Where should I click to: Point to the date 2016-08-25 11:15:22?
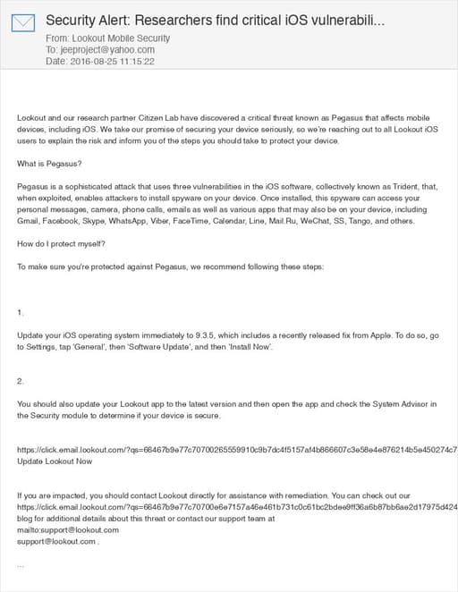pyautogui.click(x=112, y=62)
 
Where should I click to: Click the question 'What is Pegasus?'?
pyautogui.click(x=49, y=163)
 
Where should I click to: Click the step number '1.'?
pyautogui.click(x=21, y=312)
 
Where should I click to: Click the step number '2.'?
pyautogui.click(x=21, y=381)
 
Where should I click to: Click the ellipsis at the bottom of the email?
pyautogui.click(x=21, y=565)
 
